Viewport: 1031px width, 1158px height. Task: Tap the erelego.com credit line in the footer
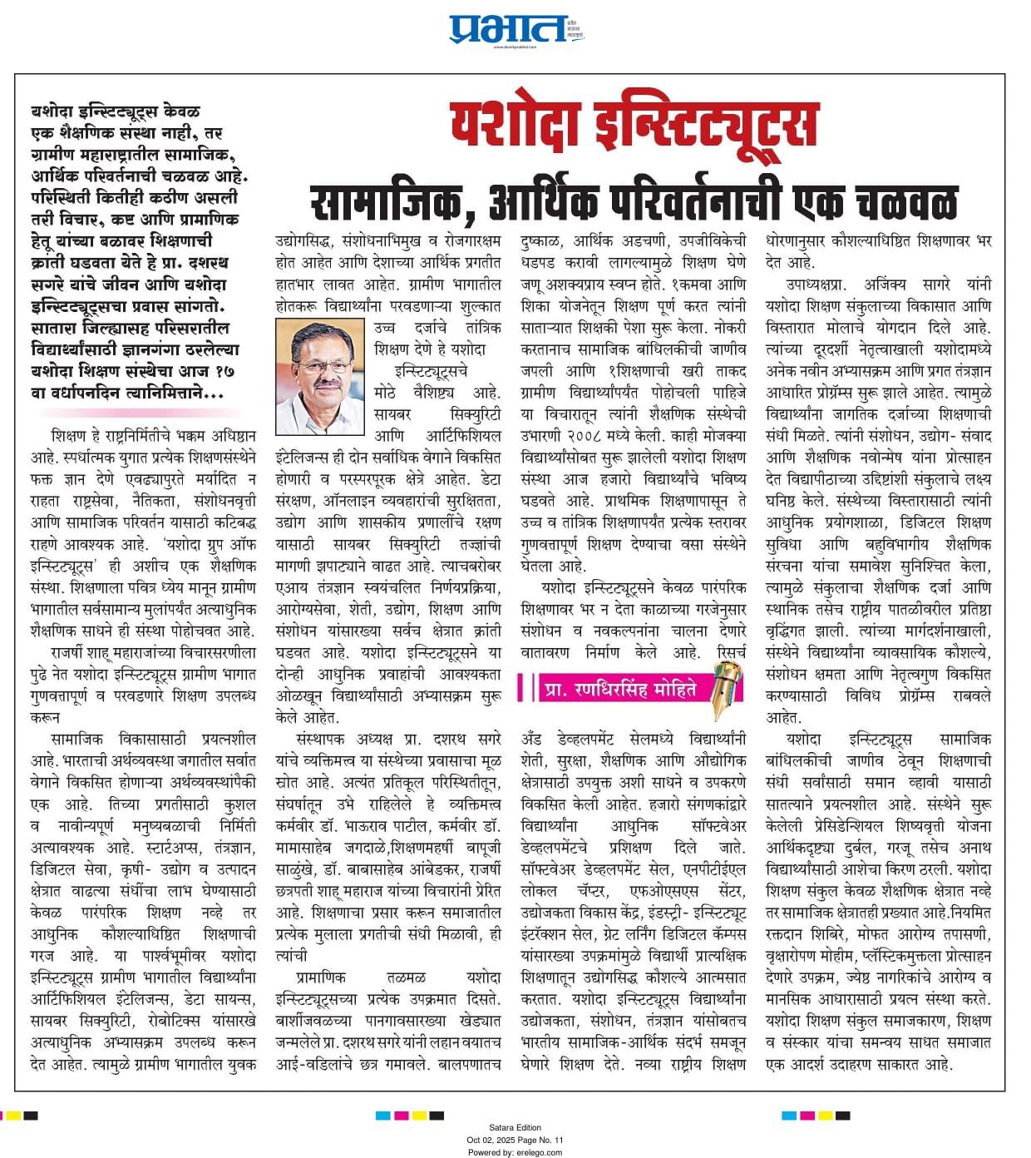(515, 1152)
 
